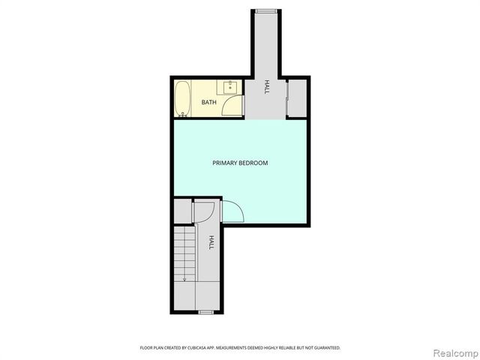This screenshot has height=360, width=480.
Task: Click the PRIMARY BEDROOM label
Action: coord(239,163)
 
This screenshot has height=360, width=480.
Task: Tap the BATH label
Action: coord(208,102)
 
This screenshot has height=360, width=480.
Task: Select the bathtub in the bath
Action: coord(182,99)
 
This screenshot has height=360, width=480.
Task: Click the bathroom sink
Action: coord(230,87)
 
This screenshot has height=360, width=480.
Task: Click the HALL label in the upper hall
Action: coord(266,88)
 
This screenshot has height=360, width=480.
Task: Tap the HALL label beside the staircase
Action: coord(211,242)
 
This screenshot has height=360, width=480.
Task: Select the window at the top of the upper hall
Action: coord(265,10)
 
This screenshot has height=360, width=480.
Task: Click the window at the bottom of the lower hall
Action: coord(205,310)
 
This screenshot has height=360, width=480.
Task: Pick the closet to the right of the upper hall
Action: coord(297,97)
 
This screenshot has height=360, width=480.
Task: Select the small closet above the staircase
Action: coord(182,211)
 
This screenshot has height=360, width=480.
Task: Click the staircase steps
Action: coord(184,251)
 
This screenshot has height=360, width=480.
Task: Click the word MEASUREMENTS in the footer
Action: coord(239,348)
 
